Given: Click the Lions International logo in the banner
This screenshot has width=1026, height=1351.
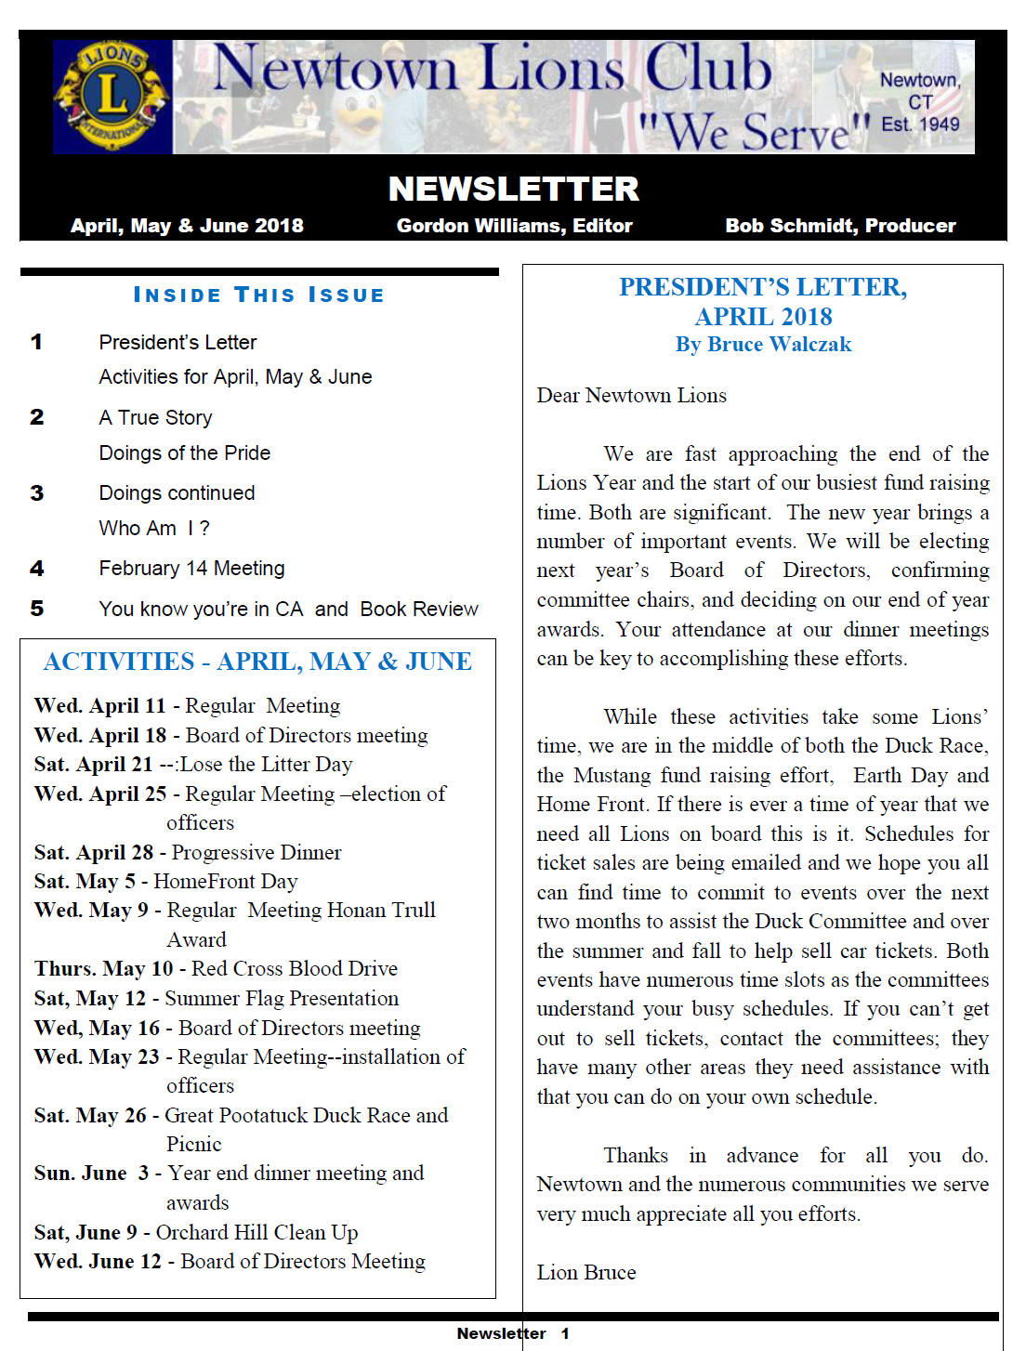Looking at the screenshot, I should click(x=112, y=97).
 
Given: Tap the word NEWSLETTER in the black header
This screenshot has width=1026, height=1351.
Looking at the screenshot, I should click(x=513, y=189).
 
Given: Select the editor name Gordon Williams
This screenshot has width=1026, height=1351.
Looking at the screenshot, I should click(x=514, y=226).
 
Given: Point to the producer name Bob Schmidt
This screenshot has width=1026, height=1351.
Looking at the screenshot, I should click(x=840, y=226).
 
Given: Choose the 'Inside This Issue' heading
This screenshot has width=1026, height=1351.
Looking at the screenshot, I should click(x=259, y=295).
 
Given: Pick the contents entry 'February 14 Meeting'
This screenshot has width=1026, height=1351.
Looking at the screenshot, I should click(x=191, y=569).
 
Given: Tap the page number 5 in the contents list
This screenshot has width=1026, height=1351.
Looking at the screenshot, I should click(x=37, y=609).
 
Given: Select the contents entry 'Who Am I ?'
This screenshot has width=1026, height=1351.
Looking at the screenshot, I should click(x=154, y=529).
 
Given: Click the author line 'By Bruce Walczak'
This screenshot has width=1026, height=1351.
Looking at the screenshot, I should click(x=763, y=345).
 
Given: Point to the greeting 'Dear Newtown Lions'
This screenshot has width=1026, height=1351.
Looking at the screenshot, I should click(x=631, y=396).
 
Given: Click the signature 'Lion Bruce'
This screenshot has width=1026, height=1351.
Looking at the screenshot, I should click(x=585, y=1273).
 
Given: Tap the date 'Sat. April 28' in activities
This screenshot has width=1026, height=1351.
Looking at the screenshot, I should click(x=93, y=853).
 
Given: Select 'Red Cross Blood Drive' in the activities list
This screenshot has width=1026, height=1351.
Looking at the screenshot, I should click(x=294, y=969).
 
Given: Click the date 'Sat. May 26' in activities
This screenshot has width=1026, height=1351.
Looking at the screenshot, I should click(x=90, y=1116).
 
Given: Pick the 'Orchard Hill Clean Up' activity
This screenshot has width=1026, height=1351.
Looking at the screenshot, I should click(x=256, y=1233).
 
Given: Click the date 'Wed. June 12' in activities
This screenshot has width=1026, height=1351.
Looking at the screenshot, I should click(x=98, y=1262).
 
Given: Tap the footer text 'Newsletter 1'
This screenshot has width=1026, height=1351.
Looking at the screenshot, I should click(x=513, y=1333).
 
